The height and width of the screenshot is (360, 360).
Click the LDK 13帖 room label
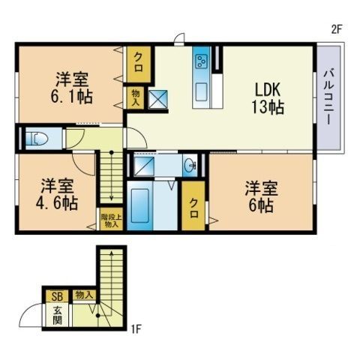click(x=267, y=98)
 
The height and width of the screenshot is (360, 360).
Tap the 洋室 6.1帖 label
click(x=72, y=88)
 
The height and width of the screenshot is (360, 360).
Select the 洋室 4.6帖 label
click(x=57, y=194)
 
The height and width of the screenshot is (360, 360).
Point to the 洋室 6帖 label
click(x=261, y=196)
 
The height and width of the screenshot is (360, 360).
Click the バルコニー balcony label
click(x=328, y=97)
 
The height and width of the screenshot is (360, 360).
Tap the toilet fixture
click(x=37, y=139)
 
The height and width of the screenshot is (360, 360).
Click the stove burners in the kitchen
click(x=201, y=61)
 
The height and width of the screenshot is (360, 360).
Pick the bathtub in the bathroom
click(x=139, y=205)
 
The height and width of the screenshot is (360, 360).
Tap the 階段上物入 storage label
click(x=111, y=220)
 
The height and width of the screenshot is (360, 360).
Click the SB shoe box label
click(x=57, y=297)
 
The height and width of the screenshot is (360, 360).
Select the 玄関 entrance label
click(x=58, y=316)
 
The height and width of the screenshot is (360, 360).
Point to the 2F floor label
click(x=336, y=30)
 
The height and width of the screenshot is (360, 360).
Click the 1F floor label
click(x=136, y=329)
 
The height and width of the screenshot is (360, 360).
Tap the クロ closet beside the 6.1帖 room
click(x=139, y=64)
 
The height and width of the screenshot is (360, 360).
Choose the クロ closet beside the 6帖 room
click(x=193, y=205)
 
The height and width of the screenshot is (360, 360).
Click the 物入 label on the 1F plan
click(x=84, y=295)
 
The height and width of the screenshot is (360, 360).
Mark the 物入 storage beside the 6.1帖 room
click(x=136, y=97)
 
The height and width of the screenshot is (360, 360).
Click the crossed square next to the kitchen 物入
click(x=158, y=99)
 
